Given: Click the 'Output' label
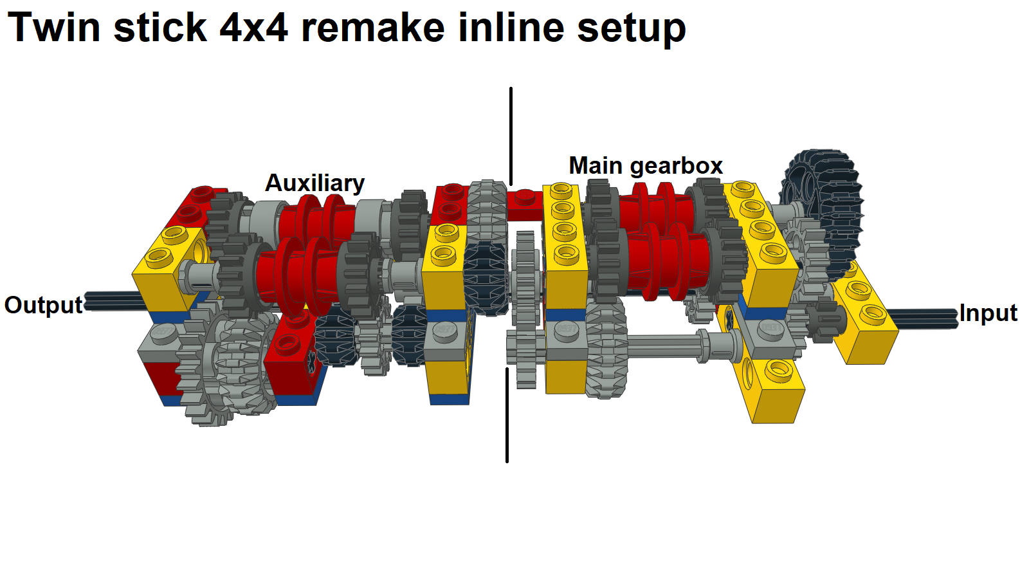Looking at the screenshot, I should [44, 305].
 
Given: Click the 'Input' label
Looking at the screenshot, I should [987, 313].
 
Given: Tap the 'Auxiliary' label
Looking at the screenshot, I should [314, 183].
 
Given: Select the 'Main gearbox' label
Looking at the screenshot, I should [645, 166].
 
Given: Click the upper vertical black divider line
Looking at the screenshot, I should [511, 135].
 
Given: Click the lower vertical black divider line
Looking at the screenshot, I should [507, 415].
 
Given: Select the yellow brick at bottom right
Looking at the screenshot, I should [775, 392].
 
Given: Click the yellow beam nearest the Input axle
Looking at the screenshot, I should [865, 322].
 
